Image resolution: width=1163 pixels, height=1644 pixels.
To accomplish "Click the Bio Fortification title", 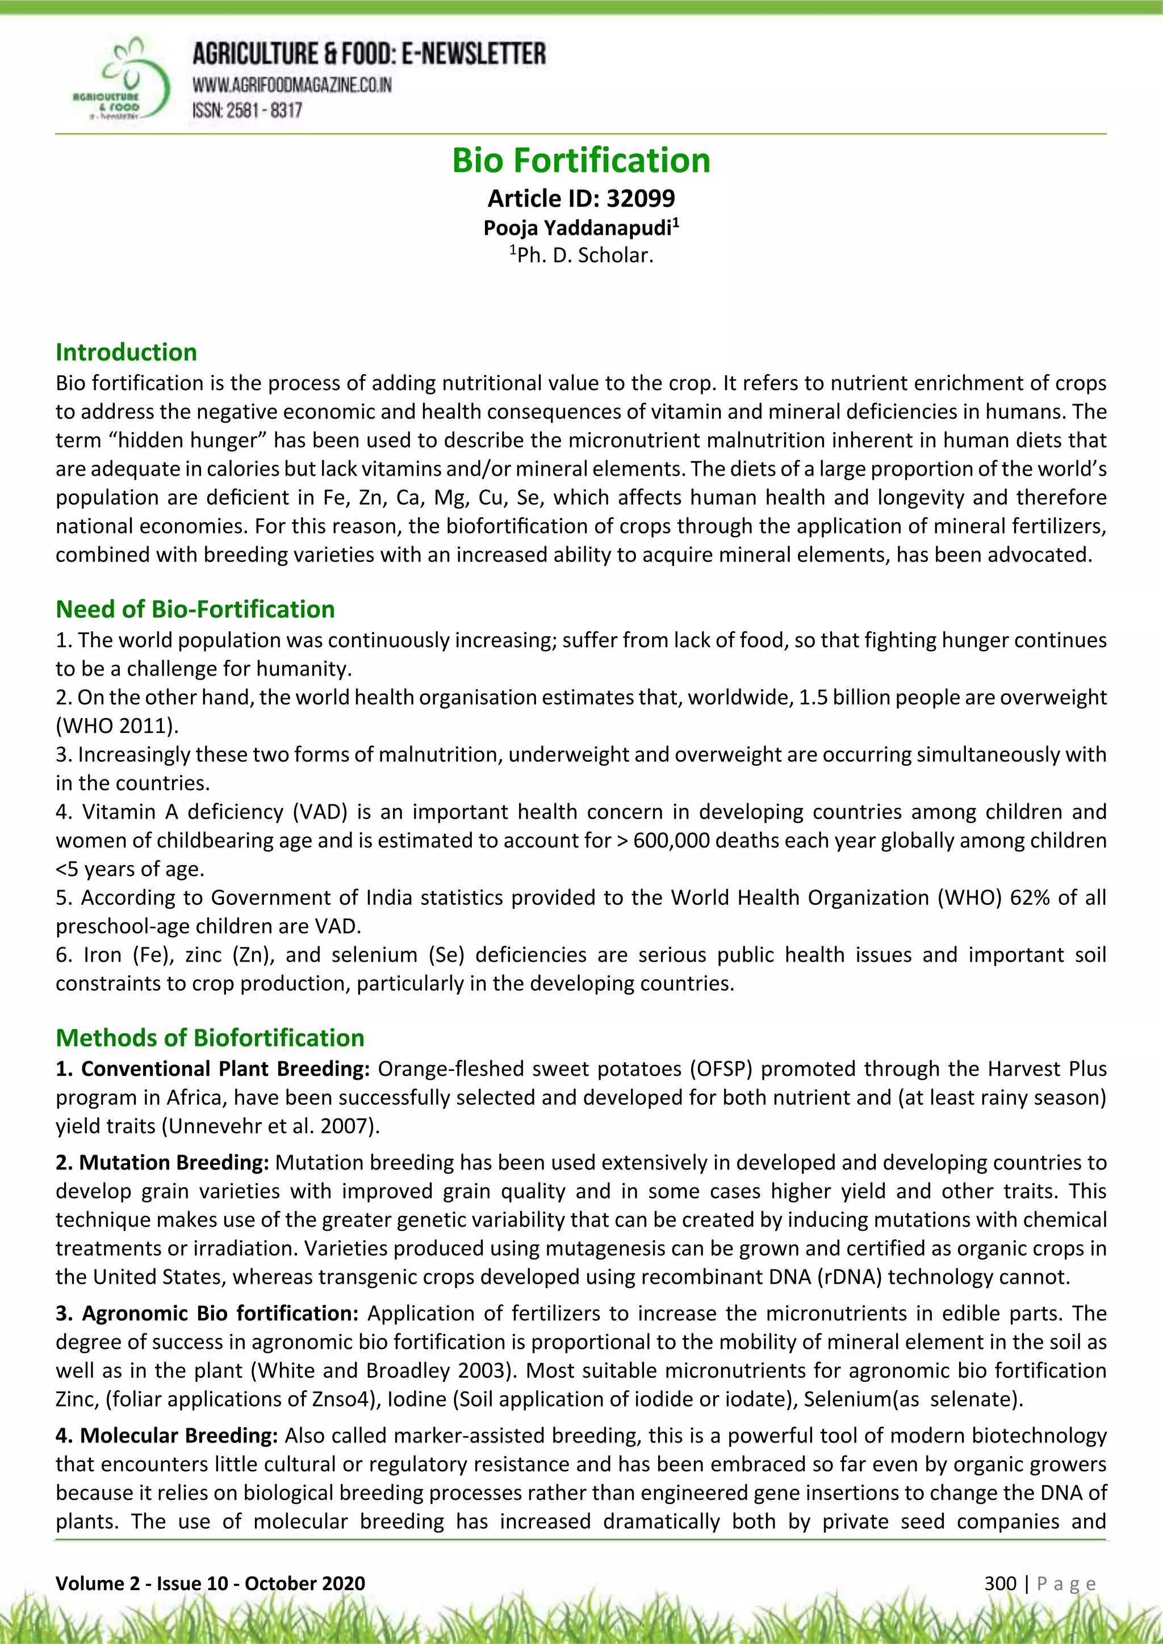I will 581,161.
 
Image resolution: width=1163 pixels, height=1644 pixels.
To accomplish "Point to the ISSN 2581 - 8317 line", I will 247,110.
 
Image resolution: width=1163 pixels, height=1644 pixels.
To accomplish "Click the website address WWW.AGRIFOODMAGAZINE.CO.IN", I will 291,85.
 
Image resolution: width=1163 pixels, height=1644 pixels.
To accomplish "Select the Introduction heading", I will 126,353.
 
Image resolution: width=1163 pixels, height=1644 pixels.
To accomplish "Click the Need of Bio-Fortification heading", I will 195,609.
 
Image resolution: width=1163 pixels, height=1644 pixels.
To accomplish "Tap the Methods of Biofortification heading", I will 210,1038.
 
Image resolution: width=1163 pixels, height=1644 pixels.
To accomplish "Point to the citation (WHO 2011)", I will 117,726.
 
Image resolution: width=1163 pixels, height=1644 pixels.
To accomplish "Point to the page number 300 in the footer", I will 999,1583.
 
